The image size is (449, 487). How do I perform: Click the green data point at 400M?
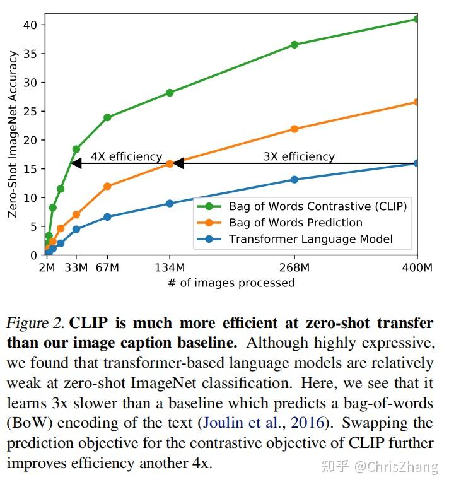416,19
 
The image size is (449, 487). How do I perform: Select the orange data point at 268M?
294,129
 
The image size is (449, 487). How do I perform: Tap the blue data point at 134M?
170,203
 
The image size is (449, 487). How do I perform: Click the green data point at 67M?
107,117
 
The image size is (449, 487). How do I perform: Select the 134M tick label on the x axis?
170,267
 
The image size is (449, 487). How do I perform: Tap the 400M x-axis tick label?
416,267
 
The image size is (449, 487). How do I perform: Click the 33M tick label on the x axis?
76,267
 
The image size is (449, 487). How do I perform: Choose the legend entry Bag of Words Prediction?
295,223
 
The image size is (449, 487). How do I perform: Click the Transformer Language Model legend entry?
310,239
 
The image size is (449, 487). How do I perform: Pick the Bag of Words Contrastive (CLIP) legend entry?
317,206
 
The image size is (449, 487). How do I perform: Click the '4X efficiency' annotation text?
126,156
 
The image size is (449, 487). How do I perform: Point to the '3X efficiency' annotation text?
299,156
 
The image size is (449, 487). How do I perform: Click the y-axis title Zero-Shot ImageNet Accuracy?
13,134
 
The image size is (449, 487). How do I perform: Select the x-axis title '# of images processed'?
231,283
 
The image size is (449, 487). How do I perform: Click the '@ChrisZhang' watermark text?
395,467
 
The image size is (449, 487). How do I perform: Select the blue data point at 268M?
294,179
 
